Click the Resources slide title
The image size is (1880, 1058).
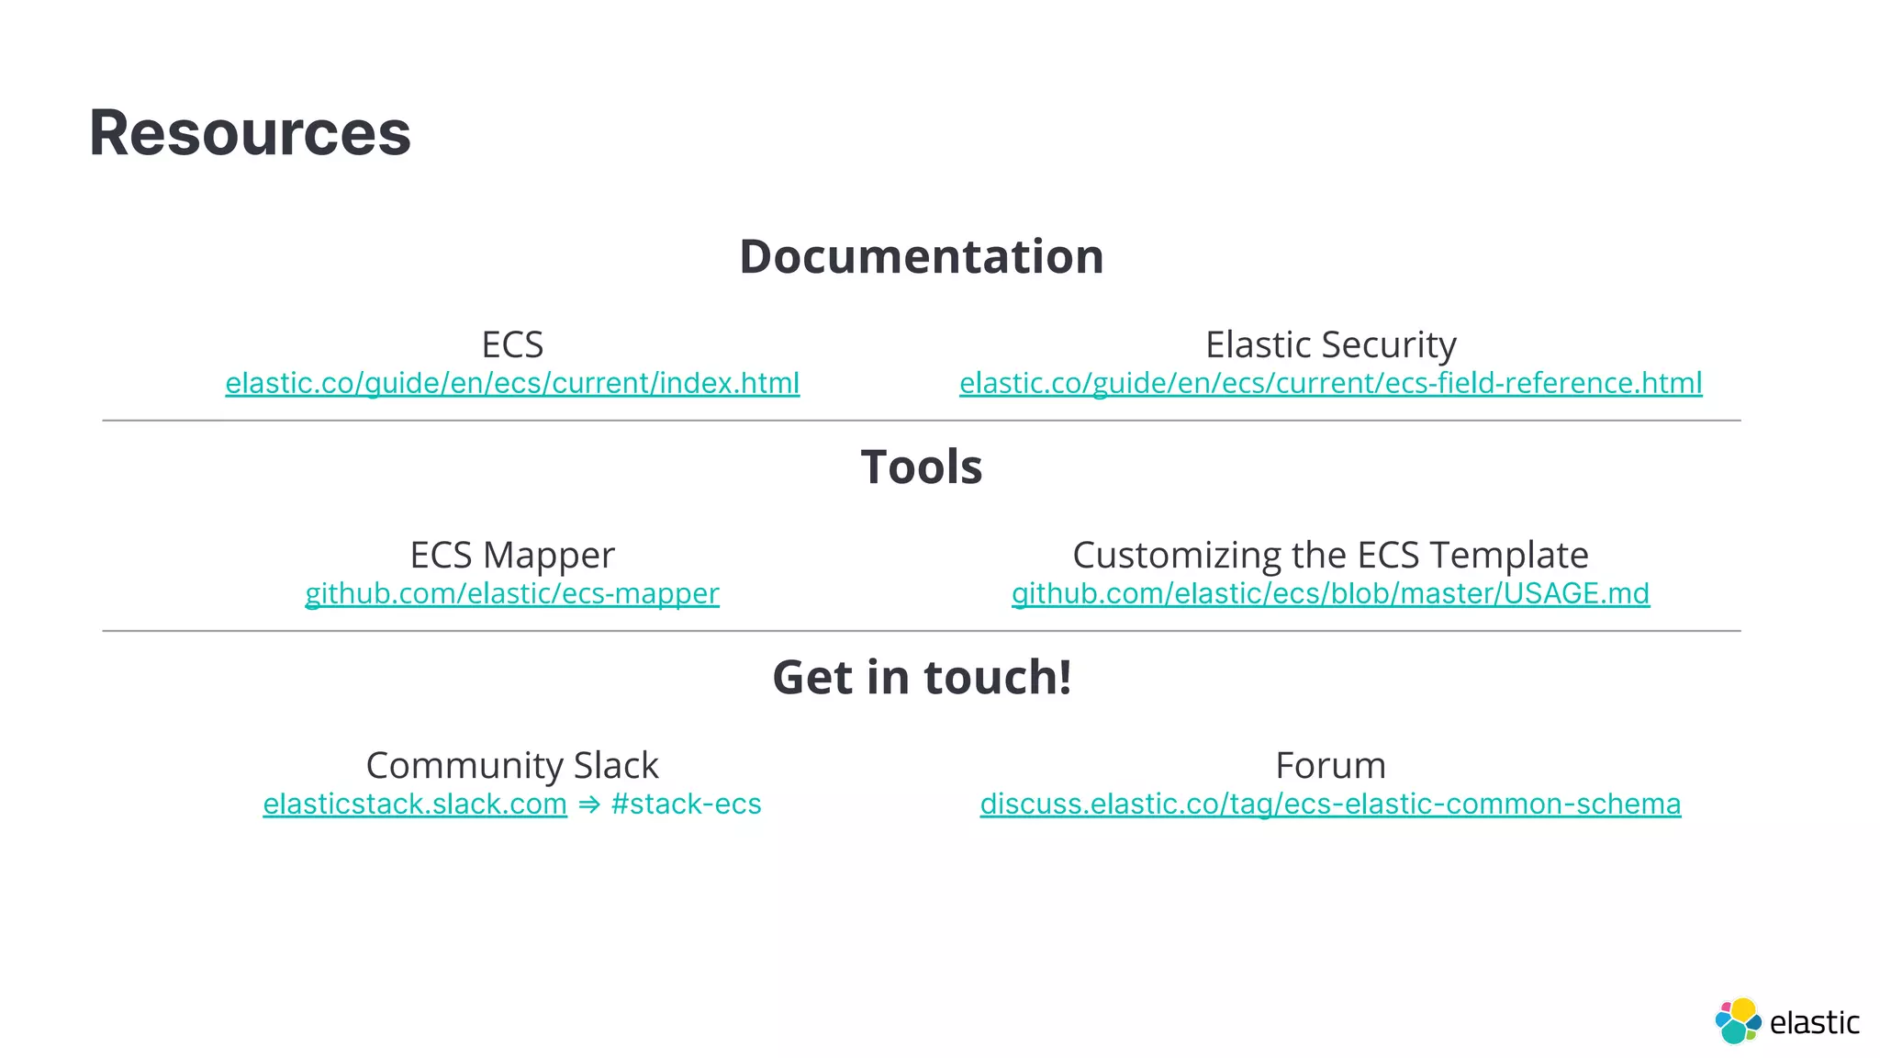[250, 133]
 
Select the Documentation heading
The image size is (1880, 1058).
[921, 256]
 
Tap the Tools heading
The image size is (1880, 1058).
[921, 467]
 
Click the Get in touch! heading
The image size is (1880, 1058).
[922, 677]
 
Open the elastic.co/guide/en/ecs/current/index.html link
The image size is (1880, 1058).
[512, 383]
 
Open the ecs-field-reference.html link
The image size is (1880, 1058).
[1330, 383]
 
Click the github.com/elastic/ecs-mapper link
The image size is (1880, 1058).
[512, 593]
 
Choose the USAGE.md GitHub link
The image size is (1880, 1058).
[1330, 593]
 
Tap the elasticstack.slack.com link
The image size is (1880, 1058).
[415, 804]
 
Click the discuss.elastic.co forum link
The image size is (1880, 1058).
[1330, 804]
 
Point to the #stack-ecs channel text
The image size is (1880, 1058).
[686, 804]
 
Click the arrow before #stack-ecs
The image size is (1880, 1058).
[589, 805]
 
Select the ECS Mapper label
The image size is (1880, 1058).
[512, 555]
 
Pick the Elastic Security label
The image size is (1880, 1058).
[1330, 344]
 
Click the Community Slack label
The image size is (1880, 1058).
[512, 765]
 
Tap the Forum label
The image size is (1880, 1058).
[1330, 765]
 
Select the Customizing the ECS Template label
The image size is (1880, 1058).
[1330, 555]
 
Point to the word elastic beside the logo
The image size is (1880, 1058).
[1814, 1022]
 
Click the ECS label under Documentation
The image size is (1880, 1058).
[512, 344]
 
